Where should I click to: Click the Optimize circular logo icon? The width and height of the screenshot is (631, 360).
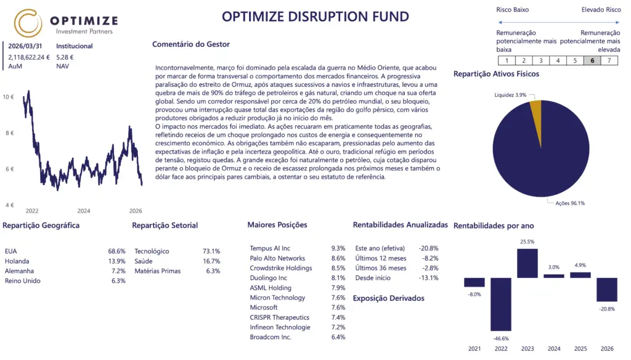28,23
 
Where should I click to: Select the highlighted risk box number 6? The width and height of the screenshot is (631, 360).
592,60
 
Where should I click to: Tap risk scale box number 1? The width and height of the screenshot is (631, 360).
507,60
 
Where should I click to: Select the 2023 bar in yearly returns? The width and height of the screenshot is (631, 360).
527,263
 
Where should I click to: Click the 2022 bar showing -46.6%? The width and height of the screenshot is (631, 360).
500,304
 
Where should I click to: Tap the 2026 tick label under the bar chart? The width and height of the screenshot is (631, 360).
607,349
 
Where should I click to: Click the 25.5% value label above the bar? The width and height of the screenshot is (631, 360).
527,242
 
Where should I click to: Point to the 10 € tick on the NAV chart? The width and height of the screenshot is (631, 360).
9,97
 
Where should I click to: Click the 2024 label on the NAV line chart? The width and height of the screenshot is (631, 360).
84,210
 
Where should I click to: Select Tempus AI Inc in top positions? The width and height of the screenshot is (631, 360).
270,248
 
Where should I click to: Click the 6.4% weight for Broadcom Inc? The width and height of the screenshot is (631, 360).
338,337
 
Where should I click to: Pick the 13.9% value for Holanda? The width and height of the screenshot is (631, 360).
116,261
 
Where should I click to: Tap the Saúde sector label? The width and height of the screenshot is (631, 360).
144,261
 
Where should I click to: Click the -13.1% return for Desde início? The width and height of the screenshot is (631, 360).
429,278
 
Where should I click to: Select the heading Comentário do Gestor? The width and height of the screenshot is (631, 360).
190,44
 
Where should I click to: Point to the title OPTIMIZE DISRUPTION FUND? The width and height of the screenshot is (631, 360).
315,16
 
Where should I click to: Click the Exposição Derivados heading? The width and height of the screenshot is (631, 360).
388,298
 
